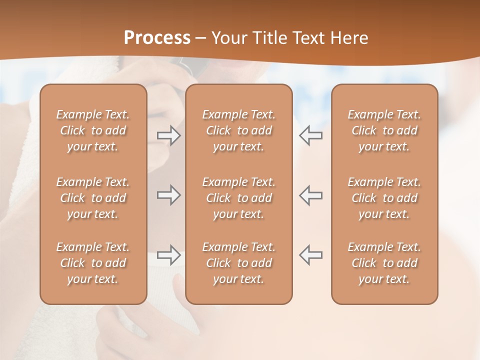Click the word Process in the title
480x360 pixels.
(x=157, y=38)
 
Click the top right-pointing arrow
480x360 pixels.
(x=169, y=135)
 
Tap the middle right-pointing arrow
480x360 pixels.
(x=169, y=195)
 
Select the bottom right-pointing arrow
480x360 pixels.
(x=169, y=255)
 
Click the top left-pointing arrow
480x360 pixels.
(x=311, y=135)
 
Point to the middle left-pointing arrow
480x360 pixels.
(x=311, y=195)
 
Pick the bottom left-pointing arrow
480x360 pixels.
(x=311, y=255)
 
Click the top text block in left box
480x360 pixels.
(x=93, y=130)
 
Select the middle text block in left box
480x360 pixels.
(x=93, y=198)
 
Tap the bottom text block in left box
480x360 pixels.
(x=93, y=263)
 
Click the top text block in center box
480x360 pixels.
(x=238, y=130)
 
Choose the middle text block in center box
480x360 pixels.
(x=238, y=198)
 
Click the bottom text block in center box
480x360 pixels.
(x=238, y=263)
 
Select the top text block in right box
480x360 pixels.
(x=384, y=130)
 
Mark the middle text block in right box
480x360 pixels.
(x=384, y=198)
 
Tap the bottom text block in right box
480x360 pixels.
(x=384, y=263)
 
